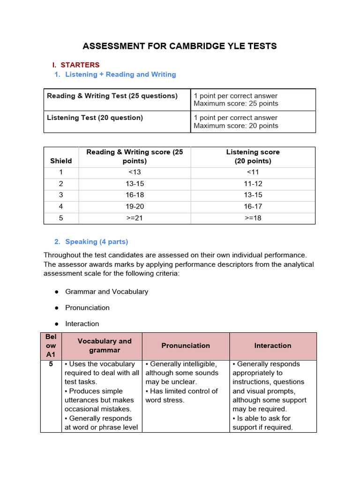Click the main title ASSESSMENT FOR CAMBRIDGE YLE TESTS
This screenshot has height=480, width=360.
(180, 46)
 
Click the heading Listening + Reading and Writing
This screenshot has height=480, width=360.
(120, 74)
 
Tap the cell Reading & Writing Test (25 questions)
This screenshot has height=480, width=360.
(112, 96)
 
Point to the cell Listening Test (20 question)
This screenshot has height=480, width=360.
(95, 118)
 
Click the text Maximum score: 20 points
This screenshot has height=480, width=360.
(236, 126)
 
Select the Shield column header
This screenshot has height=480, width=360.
(61, 161)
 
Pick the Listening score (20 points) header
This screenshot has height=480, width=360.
(253, 157)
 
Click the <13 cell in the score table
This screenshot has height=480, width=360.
(135, 172)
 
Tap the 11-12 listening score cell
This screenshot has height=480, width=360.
(253, 183)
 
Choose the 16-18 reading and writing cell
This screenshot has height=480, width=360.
(135, 195)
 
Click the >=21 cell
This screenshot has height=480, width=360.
(135, 218)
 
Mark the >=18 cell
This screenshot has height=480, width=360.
(253, 218)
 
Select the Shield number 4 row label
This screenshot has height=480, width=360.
(61, 206)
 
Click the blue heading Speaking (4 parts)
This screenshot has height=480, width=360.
(97, 241)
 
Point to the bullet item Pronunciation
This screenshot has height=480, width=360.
(87, 307)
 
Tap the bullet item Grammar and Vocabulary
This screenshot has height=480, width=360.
(106, 292)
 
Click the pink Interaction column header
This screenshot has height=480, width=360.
(273, 345)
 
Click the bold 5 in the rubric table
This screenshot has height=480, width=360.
(51, 364)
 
